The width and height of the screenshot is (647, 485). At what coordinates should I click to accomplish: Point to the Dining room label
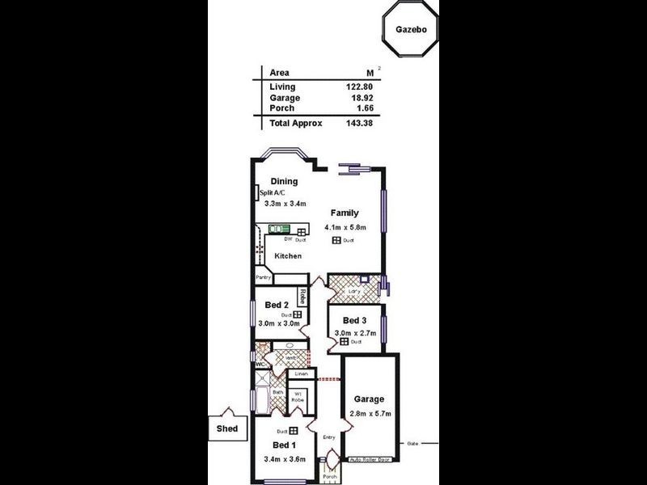pyautogui.click(x=284, y=181)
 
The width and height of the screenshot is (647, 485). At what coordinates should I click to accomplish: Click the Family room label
pyautogui.click(x=344, y=213)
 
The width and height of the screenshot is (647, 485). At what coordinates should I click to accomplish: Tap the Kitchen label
pyautogui.click(x=287, y=256)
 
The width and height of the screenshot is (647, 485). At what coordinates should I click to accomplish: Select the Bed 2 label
pyautogui.click(x=277, y=305)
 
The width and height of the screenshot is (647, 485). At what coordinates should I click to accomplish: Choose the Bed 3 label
pyautogui.click(x=354, y=321)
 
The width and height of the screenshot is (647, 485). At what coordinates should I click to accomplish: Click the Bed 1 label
pyautogui.click(x=285, y=445)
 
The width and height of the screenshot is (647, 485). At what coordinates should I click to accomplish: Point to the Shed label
pyautogui.click(x=226, y=428)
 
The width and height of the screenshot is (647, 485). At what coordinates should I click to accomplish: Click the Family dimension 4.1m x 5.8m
pyautogui.click(x=345, y=228)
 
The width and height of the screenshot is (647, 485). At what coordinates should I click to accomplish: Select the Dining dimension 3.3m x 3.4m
pyautogui.click(x=285, y=204)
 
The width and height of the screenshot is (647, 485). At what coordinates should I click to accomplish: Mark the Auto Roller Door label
pyautogui.click(x=369, y=460)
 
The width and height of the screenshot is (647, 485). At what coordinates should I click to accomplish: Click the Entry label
pyautogui.click(x=329, y=438)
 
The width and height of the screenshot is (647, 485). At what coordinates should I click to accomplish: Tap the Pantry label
pyautogui.click(x=264, y=277)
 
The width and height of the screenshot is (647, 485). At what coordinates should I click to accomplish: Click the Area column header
pyautogui.click(x=279, y=72)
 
